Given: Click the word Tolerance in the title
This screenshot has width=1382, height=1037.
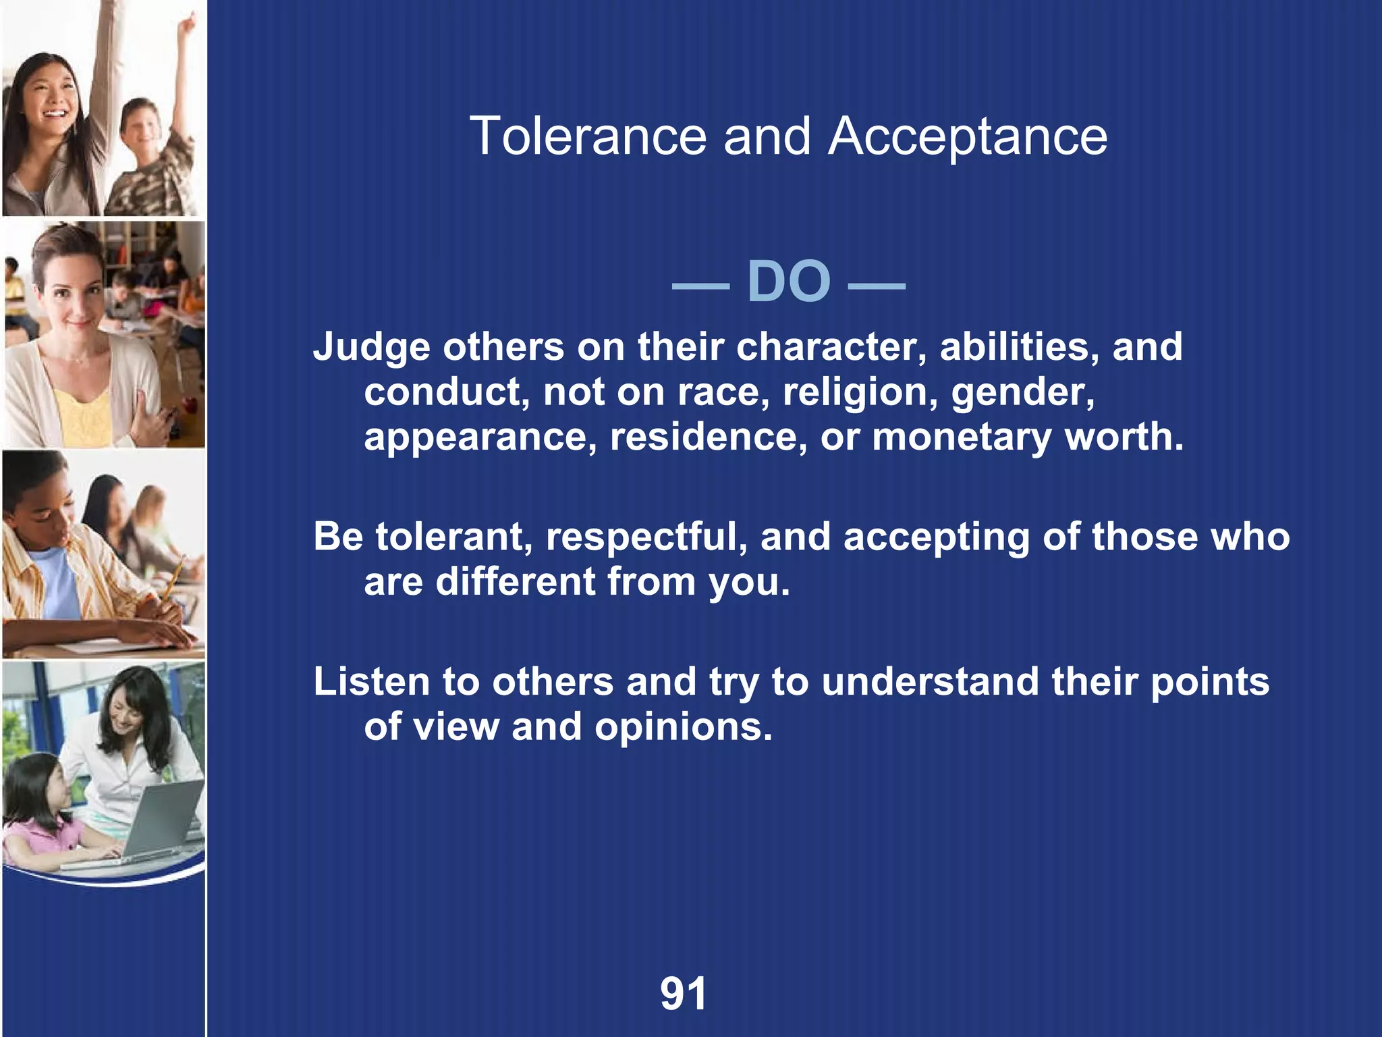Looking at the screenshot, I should [588, 136].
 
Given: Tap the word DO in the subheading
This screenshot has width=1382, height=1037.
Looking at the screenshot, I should [788, 282].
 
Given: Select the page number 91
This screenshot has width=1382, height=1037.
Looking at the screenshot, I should [684, 993].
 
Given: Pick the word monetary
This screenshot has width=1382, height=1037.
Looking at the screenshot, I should [962, 437].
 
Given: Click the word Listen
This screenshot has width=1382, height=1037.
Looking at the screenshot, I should [371, 682].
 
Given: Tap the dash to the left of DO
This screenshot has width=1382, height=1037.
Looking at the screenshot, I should [700, 286].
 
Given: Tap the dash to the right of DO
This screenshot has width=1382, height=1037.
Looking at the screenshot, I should [876, 286].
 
